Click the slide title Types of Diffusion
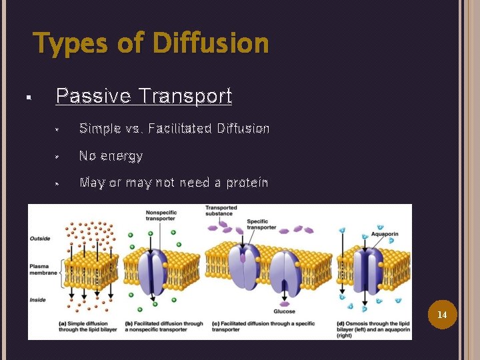151,44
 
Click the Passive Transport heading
144,96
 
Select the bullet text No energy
111,156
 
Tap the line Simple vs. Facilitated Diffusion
174,128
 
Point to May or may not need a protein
173,183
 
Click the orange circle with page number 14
441,314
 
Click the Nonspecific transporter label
161,217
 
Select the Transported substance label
221,211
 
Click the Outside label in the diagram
40,238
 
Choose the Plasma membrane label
43,269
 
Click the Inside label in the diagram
38,299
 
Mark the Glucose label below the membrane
284,311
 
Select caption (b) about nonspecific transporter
164,327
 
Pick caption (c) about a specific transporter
255,327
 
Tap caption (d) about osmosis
371,329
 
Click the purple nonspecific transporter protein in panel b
155,264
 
